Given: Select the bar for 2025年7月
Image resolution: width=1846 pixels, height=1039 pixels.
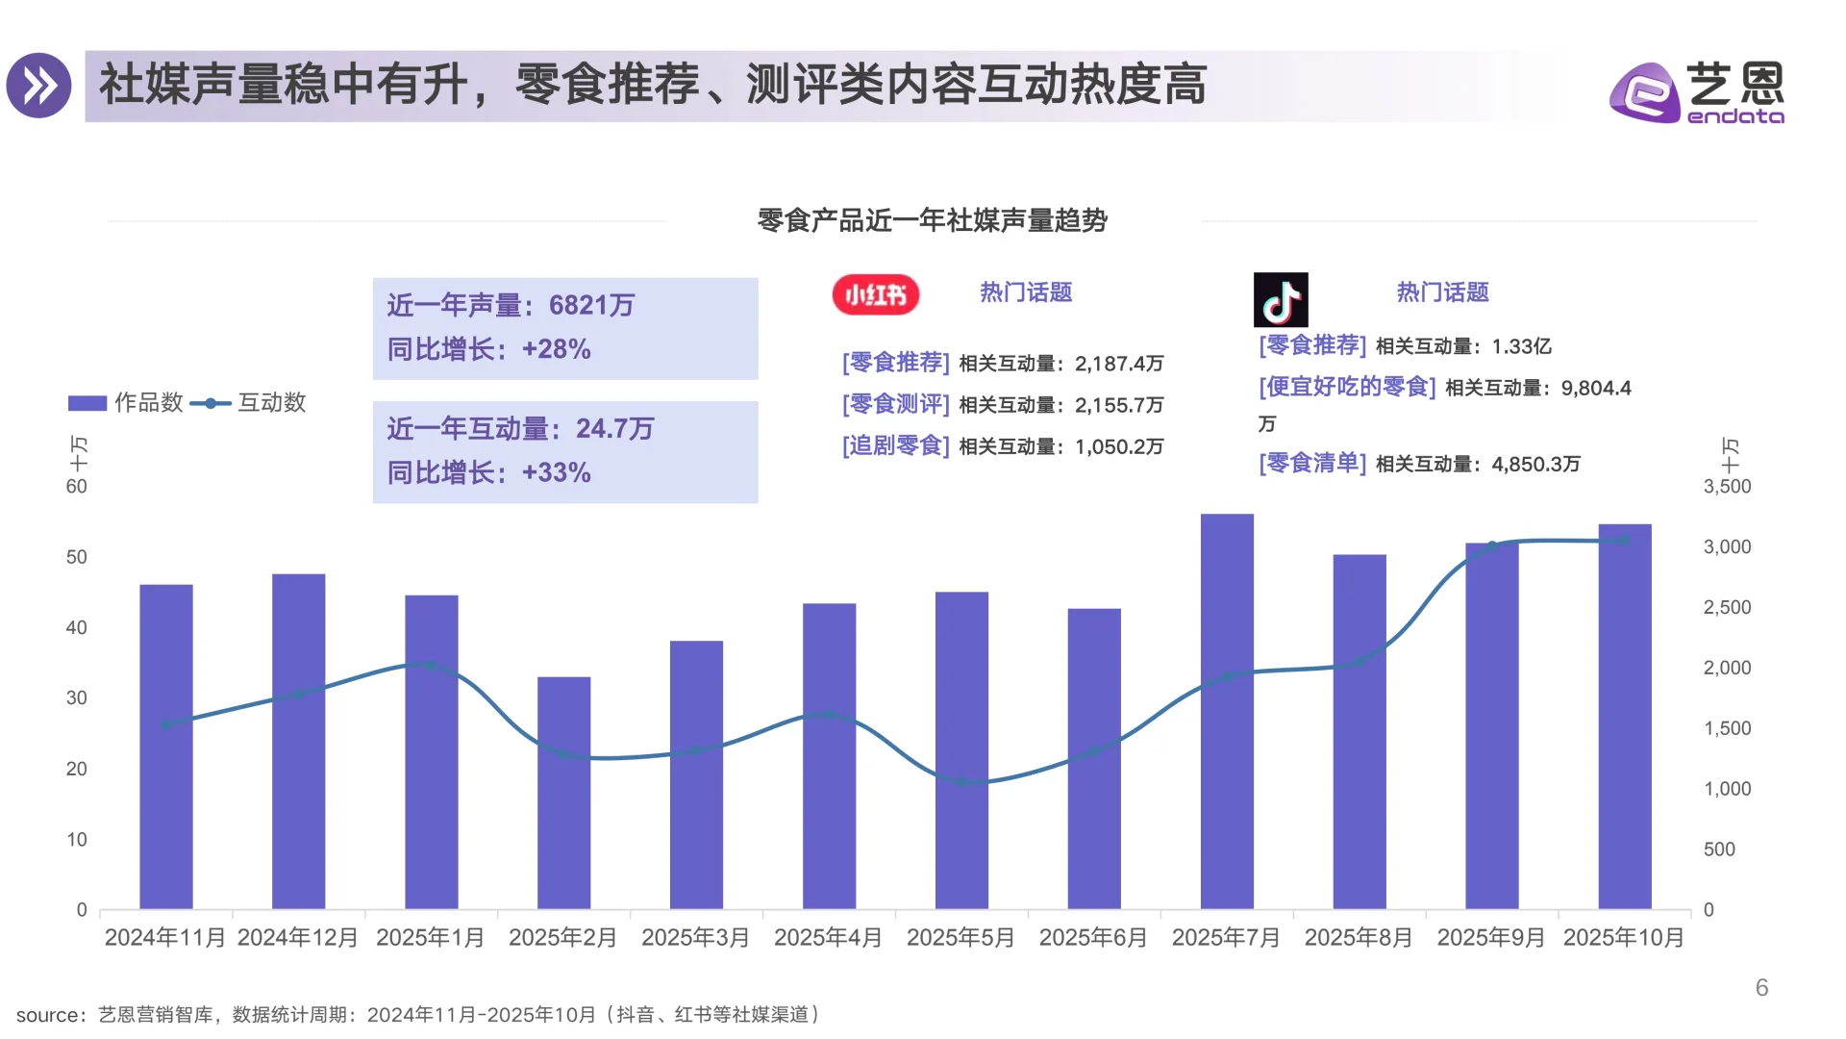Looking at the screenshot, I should click(1227, 712).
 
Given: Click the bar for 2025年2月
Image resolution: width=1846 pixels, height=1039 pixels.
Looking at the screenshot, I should click(563, 793).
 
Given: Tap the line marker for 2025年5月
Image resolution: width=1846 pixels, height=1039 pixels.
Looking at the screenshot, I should click(961, 782).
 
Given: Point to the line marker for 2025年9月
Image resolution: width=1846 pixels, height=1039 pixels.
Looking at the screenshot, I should click(1492, 545).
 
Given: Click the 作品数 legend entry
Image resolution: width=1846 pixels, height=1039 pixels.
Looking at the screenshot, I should click(126, 403).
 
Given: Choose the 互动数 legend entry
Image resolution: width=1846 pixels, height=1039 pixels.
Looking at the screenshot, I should click(249, 403).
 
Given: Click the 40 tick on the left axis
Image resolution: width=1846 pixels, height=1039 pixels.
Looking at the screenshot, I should click(76, 627).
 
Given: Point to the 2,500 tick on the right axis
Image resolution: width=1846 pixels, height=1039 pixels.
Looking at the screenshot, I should click(1727, 607).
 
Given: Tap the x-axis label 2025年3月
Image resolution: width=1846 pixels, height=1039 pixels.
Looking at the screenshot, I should click(695, 937).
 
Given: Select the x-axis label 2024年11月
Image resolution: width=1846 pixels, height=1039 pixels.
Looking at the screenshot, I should click(164, 937).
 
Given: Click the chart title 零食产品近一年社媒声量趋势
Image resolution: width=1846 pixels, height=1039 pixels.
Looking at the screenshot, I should click(932, 220).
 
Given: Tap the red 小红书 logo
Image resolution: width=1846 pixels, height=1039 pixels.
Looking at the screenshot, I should click(875, 294).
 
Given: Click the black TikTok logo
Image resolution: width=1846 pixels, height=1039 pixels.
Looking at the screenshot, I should click(1280, 300).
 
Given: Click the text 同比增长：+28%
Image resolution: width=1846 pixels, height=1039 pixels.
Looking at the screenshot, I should click(488, 349).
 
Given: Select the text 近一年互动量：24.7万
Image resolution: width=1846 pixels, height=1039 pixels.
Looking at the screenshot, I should click(520, 428).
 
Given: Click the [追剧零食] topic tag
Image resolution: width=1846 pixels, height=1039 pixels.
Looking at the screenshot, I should click(895, 445).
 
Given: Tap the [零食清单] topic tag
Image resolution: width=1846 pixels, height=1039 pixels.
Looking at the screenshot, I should click(1311, 463).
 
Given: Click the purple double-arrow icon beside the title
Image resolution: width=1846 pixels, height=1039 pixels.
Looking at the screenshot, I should click(39, 86).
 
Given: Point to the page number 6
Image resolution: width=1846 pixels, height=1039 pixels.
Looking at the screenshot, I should click(1761, 987).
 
